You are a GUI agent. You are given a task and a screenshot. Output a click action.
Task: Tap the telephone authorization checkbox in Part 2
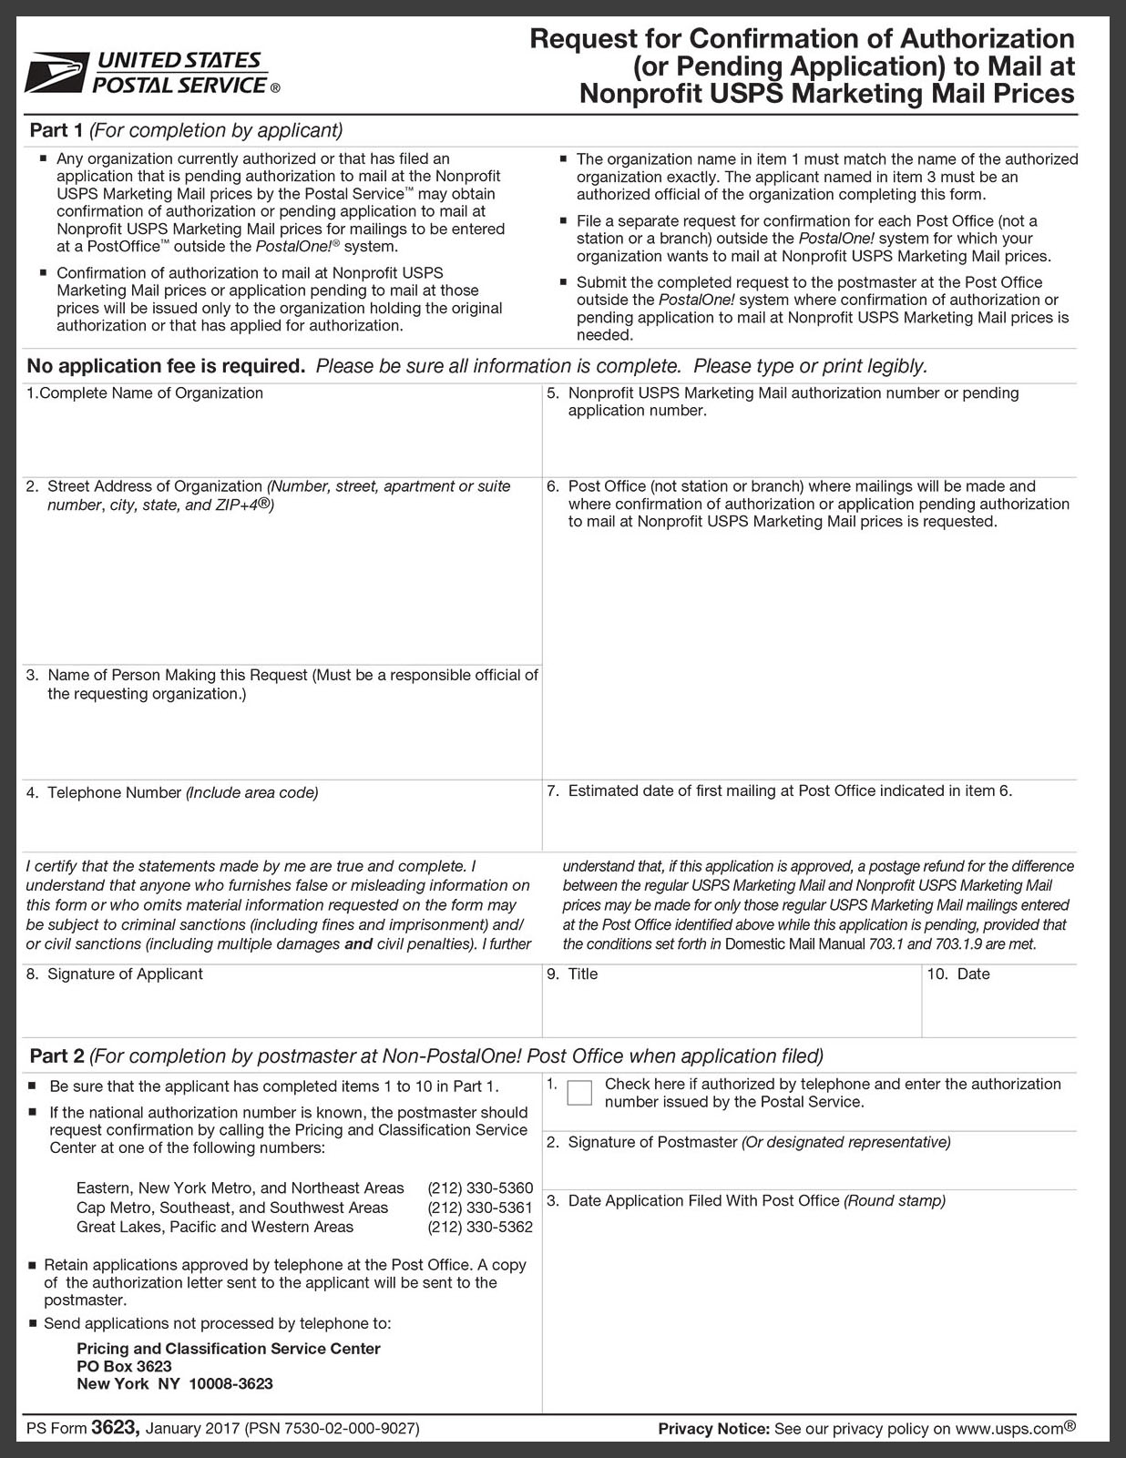click(x=578, y=1092)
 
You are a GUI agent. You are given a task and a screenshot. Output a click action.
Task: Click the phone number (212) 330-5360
click(x=480, y=1188)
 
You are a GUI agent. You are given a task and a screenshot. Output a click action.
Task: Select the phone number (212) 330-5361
click(x=480, y=1208)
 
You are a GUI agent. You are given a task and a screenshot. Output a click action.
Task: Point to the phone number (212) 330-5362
click(x=480, y=1227)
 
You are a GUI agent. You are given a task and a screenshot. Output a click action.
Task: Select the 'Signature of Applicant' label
click(x=125, y=974)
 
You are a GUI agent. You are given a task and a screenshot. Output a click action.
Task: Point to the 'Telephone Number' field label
click(x=115, y=792)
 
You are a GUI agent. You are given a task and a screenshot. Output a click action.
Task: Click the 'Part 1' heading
click(x=56, y=130)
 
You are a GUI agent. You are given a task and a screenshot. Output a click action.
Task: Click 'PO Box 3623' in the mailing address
click(x=124, y=1366)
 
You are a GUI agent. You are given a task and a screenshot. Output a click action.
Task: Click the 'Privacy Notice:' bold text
click(x=713, y=1429)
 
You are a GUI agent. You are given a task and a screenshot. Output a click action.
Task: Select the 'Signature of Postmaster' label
click(x=652, y=1142)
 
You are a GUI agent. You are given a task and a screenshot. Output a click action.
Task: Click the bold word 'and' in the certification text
click(x=358, y=944)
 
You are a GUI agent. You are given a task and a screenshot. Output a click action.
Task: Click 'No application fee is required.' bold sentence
click(x=166, y=366)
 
